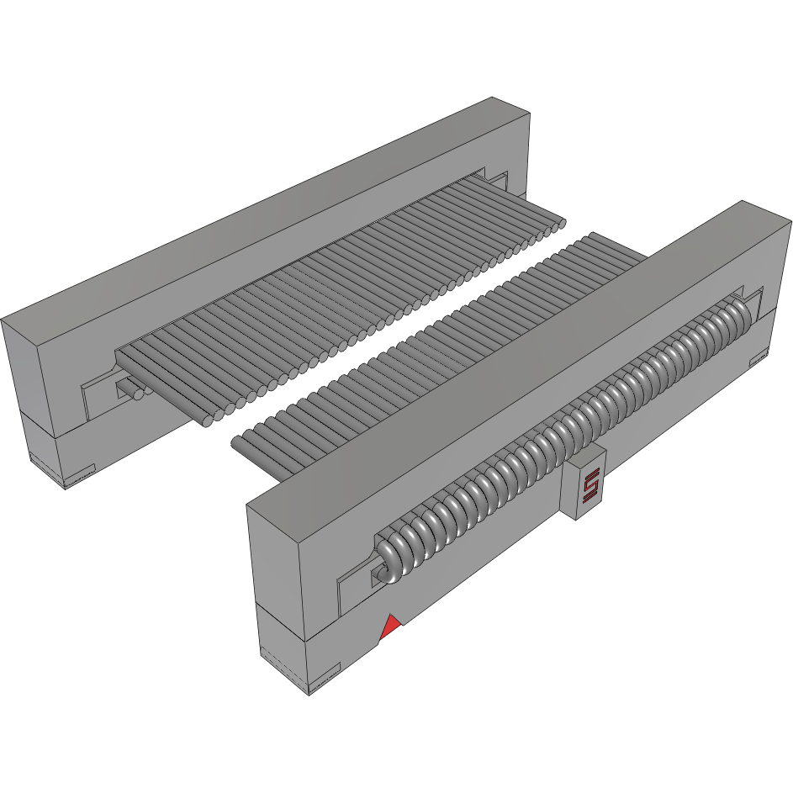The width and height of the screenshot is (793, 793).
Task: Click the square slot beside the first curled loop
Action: coord(374,575)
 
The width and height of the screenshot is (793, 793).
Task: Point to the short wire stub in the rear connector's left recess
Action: coord(130,389)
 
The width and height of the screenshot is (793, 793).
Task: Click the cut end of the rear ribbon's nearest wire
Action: coord(209,421)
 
